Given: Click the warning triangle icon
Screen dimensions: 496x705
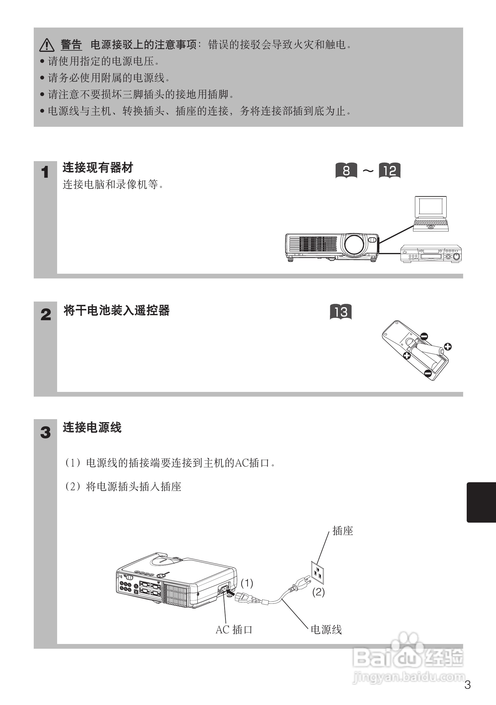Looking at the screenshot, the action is pos(47,45).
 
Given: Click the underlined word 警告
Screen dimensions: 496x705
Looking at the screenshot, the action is pos(71,45).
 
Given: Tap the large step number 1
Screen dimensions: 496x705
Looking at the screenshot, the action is pos(45,172).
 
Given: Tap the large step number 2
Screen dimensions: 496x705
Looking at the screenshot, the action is pos(46,315).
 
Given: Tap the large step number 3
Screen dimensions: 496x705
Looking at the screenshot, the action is pos(45,432).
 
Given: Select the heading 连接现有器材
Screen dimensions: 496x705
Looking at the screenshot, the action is pos(98,168).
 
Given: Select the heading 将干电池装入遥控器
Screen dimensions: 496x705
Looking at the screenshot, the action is pos(117,310).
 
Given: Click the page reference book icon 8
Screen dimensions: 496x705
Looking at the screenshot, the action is pos(346,170).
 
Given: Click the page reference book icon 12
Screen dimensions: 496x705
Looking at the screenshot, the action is pos(389,170).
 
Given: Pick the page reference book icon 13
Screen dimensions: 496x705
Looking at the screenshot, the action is pos(341,312).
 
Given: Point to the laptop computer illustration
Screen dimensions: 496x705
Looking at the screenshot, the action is pos(430,214).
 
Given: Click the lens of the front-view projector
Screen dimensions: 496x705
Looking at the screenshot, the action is pos(355,244).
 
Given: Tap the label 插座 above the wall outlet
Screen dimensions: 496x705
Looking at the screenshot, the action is pos(343,531).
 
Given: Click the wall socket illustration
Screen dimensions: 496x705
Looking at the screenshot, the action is pos(318,573).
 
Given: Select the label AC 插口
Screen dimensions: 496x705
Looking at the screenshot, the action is pos(234,630).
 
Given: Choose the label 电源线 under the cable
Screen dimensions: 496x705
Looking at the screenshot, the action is pos(326,630).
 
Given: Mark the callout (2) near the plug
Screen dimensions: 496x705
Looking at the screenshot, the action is pos(318,592).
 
